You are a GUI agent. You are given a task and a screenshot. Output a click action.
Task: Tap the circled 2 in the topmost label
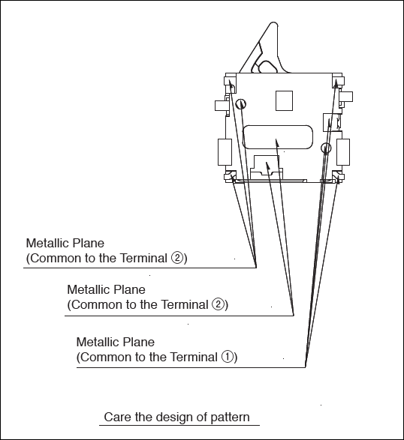coord(177,258)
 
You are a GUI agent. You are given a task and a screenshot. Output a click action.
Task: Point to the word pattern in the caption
coord(230,418)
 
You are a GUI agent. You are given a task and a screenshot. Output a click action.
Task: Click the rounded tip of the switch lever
coord(273,24)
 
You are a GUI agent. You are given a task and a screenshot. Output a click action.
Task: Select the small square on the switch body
coord(284,100)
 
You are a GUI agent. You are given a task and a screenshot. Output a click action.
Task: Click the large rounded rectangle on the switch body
coord(278,137)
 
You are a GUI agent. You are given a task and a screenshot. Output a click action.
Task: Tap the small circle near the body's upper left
coord(241,104)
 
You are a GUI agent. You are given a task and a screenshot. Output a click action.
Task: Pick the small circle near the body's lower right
coord(326,148)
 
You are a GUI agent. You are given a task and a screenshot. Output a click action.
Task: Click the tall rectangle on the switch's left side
coord(225,152)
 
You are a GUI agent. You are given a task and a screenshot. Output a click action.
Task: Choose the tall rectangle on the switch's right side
coord(343,152)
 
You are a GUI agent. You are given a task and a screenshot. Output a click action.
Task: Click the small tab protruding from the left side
coord(221,106)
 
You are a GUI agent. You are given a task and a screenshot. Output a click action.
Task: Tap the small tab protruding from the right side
coord(346,97)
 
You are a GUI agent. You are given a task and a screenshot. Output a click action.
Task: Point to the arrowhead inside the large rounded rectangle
coord(277,142)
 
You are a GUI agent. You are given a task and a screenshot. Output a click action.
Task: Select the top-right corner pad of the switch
coord(338,82)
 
